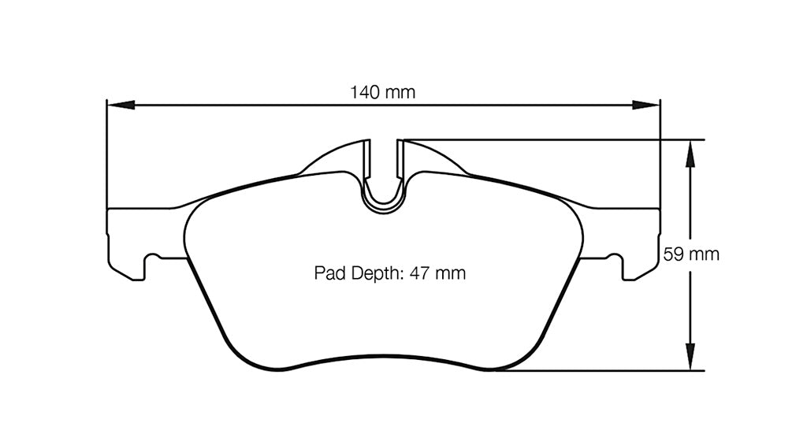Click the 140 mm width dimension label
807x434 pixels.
pyautogui.click(x=383, y=92)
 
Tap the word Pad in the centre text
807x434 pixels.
pyautogui.click(x=327, y=274)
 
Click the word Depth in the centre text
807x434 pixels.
pyautogui.click(x=375, y=274)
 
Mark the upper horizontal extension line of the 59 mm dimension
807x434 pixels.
pyautogui.click(x=552, y=140)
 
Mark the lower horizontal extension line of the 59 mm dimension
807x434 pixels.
pyautogui.click(x=599, y=370)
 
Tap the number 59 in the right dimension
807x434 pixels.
pyautogui.click(x=671, y=254)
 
